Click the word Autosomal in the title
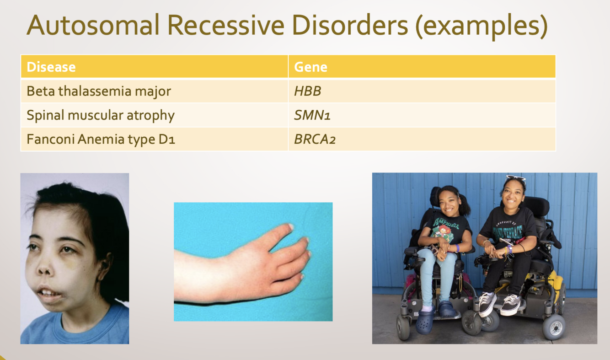click(x=93, y=25)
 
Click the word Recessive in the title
click(x=226, y=25)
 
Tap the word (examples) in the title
click(x=481, y=26)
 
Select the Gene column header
click(x=422, y=66)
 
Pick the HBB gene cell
click(x=422, y=91)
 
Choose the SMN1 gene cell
click(x=422, y=115)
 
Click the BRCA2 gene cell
click(x=422, y=139)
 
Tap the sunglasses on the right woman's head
click(x=515, y=178)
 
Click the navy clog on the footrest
click(x=447, y=309)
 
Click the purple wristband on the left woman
click(x=457, y=248)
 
